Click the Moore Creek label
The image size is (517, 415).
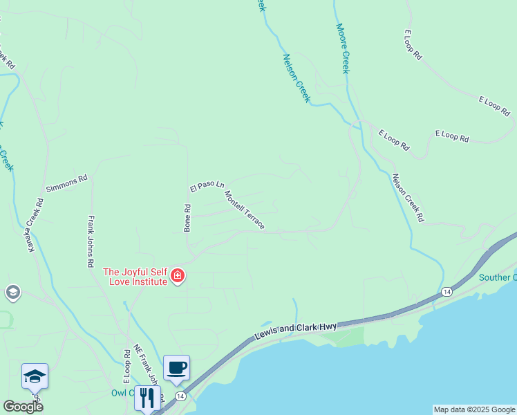pyautogui.click(x=344, y=48)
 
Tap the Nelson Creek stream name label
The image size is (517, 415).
pyautogui.click(x=297, y=78)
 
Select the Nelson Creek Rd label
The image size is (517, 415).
pyautogui.click(x=408, y=197)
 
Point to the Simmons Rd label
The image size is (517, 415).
pyautogui.click(x=67, y=183)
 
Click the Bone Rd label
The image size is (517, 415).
pyautogui.click(x=187, y=218)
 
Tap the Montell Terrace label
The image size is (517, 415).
pyautogui.click(x=244, y=210)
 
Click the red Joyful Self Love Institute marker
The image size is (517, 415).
pyautogui.click(x=178, y=277)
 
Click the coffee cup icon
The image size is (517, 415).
pyautogui.click(x=176, y=367)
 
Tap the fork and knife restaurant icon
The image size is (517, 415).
pyautogui.click(x=147, y=398)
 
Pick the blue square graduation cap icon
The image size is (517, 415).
pyautogui.click(x=35, y=376)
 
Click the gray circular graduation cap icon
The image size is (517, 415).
pyautogui.click(x=12, y=293)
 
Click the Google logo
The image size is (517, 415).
pyautogui.click(x=23, y=406)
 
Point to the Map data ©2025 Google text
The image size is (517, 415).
pyautogui.click(x=474, y=409)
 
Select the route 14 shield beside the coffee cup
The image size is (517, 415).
pyautogui.click(x=180, y=396)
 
